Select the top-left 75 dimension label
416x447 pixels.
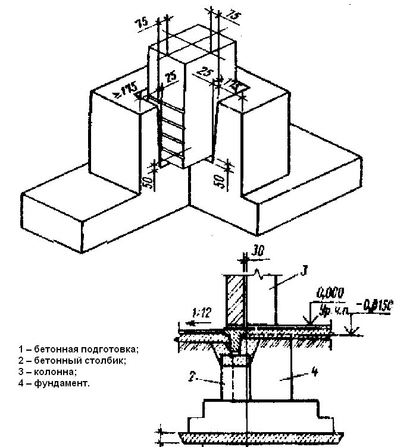(x=142, y=23)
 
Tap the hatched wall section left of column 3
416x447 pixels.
(x=234, y=300)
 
